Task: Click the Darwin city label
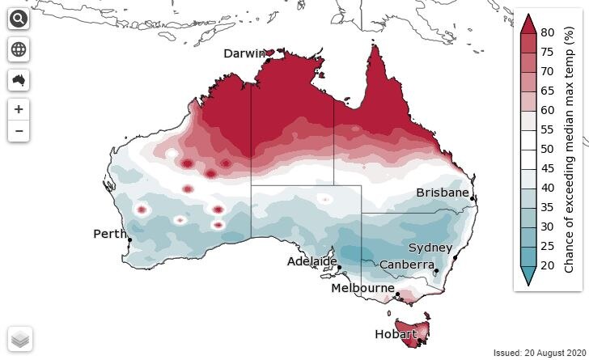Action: pyautogui.click(x=245, y=54)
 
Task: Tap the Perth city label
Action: pyautogui.click(x=110, y=235)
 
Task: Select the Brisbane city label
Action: pyautogui.click(x=443, y=193)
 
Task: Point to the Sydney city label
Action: pyautogui.click(x=430, y=248)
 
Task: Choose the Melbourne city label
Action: pyautogui.click(x=362, y=288)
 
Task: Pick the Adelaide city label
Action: pyautogui.click(x=312, y=261)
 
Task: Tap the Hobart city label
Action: pyautogui.click(x=396, y=334)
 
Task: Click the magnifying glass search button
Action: pyautogui.click(x=19, y=19)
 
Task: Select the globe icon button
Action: pyautogui.click(x=19, y=49)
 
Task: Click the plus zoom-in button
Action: pyautogui.click(x=19, y=109)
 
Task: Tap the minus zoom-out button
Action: pyautogui.click(x=19, y=130)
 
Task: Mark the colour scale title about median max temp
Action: pyautogui.click(x=570, y=150)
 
